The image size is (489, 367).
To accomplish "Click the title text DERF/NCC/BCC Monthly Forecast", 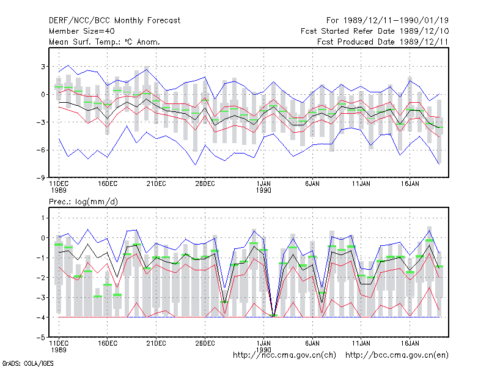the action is click(x=114, y=21).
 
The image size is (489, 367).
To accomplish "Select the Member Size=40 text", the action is click(x=82, y=31).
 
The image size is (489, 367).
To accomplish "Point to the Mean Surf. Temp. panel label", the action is click(x=105, y=42).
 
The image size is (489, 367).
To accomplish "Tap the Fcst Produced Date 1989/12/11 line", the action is click(x=383, y=42).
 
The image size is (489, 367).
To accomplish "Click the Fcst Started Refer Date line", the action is click(x=375, y=31).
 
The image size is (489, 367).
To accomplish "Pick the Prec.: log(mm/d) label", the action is click(x=83, y=202).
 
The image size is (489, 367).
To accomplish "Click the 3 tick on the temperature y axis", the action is click(x=43, y=67).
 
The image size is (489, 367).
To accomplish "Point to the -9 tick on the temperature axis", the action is click(x=40, y=178).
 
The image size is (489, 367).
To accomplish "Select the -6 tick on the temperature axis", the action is click(x=40, y=150).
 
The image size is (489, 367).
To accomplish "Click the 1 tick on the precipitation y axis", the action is click(x=43, y=218).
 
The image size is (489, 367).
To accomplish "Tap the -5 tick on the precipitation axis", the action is click(x=40, y=338).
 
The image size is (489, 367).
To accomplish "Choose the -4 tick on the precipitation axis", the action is click(x=40, y=317).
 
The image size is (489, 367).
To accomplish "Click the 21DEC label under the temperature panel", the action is click(x=156, y=184).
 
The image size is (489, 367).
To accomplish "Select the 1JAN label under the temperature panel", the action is click(x=263, y=184).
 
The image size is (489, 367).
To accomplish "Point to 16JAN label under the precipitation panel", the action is click(x=410, y=344).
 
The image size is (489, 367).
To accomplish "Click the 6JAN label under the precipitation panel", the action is click(x=312, y=344).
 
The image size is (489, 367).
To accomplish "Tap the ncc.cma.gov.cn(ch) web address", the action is click(x=284, y=355).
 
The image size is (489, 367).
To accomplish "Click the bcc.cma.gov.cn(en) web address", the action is click(x=397, y=355).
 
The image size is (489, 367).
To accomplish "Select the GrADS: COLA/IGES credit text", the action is click(x=28, y=363).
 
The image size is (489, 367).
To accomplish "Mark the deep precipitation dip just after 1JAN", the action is click(x=273, y=316).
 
